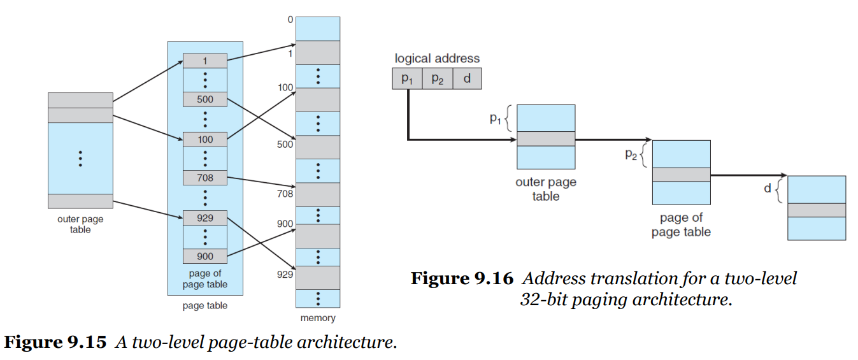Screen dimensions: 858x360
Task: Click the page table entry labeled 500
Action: pos(205,99)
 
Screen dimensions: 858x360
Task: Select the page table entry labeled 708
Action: pos(205,178)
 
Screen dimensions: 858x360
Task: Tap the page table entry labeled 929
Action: pos(205,218)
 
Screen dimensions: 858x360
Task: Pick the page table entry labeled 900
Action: pos(205,256)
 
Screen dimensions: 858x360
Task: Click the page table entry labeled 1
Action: pos(205,61)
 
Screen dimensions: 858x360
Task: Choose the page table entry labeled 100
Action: pos(205,140)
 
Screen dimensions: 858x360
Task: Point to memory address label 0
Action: pos(290,20)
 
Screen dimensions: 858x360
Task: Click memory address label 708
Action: pos(285,194)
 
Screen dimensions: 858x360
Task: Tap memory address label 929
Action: pos(285,274)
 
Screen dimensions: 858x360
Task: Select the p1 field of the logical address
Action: pos(407,78)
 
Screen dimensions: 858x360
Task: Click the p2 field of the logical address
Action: pos(438,78)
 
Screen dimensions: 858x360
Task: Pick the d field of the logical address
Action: pos(468,78)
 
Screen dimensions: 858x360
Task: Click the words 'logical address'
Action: pos(437,58)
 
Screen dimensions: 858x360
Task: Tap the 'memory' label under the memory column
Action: pos(318,318)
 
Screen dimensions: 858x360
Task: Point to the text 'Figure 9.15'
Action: pos(55,342)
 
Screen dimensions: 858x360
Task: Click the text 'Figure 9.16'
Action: pos(462,278)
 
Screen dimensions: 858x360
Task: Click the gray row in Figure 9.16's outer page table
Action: pos(546,139)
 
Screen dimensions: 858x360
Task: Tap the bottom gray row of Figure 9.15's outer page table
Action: pos(80,201)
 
